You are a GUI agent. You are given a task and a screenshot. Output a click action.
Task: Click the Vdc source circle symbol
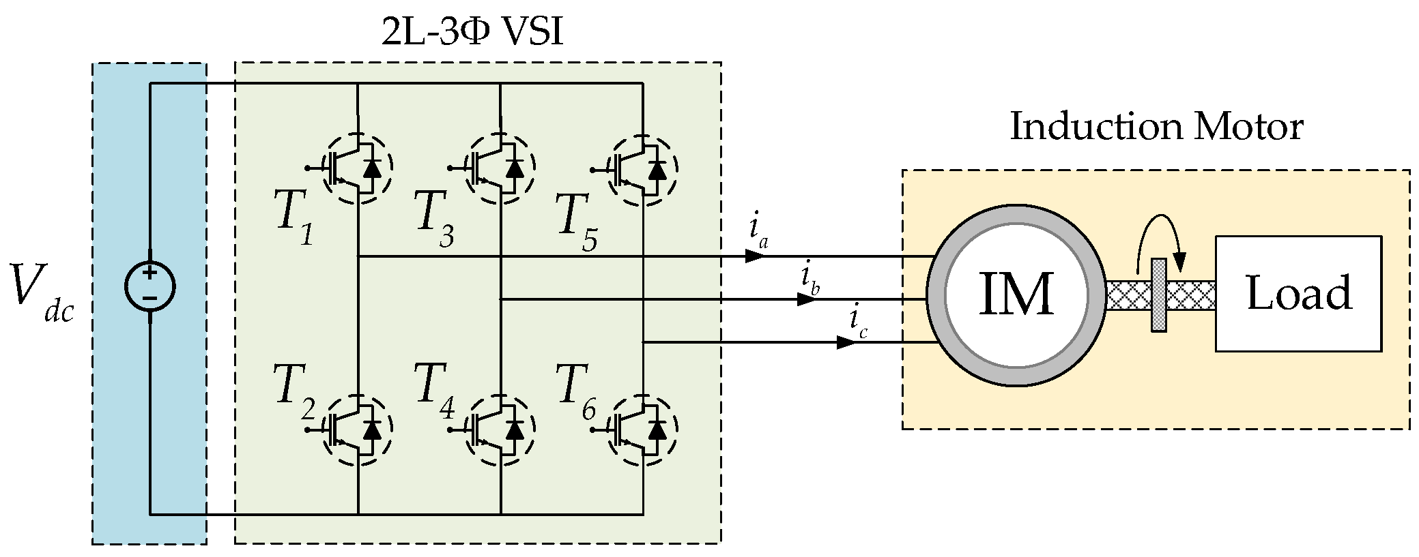click(149, 287)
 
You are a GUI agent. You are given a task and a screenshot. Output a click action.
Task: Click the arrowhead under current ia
click(755, 256)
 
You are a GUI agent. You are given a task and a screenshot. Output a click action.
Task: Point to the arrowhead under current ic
click(846, 342)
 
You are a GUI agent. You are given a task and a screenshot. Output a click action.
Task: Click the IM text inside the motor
click(1016, 295)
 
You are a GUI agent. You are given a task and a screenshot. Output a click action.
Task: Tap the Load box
click(1298, 294)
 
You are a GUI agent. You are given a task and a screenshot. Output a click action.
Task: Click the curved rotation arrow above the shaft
click(1160, 249)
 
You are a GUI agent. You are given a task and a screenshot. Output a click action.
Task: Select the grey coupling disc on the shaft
click(1158, 295)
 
